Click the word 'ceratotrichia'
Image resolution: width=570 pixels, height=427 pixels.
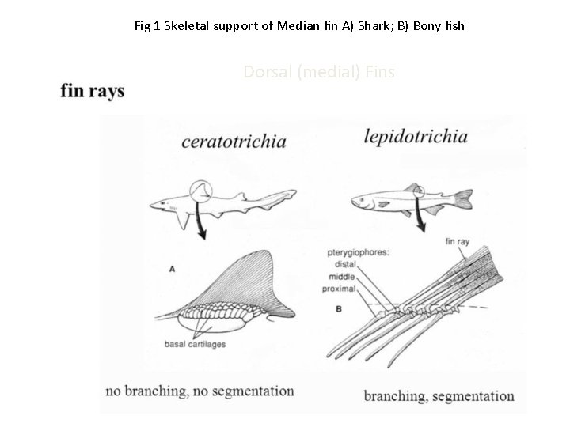234,142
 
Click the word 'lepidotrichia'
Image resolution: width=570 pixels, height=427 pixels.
415,137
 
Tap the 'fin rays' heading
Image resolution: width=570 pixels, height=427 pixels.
93,91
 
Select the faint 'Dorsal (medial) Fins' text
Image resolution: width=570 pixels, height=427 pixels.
319,72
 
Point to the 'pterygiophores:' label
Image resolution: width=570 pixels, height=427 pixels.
356,253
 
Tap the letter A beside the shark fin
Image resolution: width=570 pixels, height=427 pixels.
173,269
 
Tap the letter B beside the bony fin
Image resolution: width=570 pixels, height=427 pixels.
338,308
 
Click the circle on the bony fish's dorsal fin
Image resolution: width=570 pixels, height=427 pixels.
417,192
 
